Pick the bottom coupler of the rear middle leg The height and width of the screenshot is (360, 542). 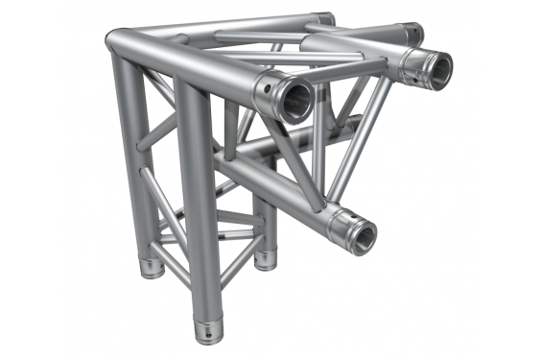[263, 258]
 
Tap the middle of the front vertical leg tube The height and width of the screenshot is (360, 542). [196, 202]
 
